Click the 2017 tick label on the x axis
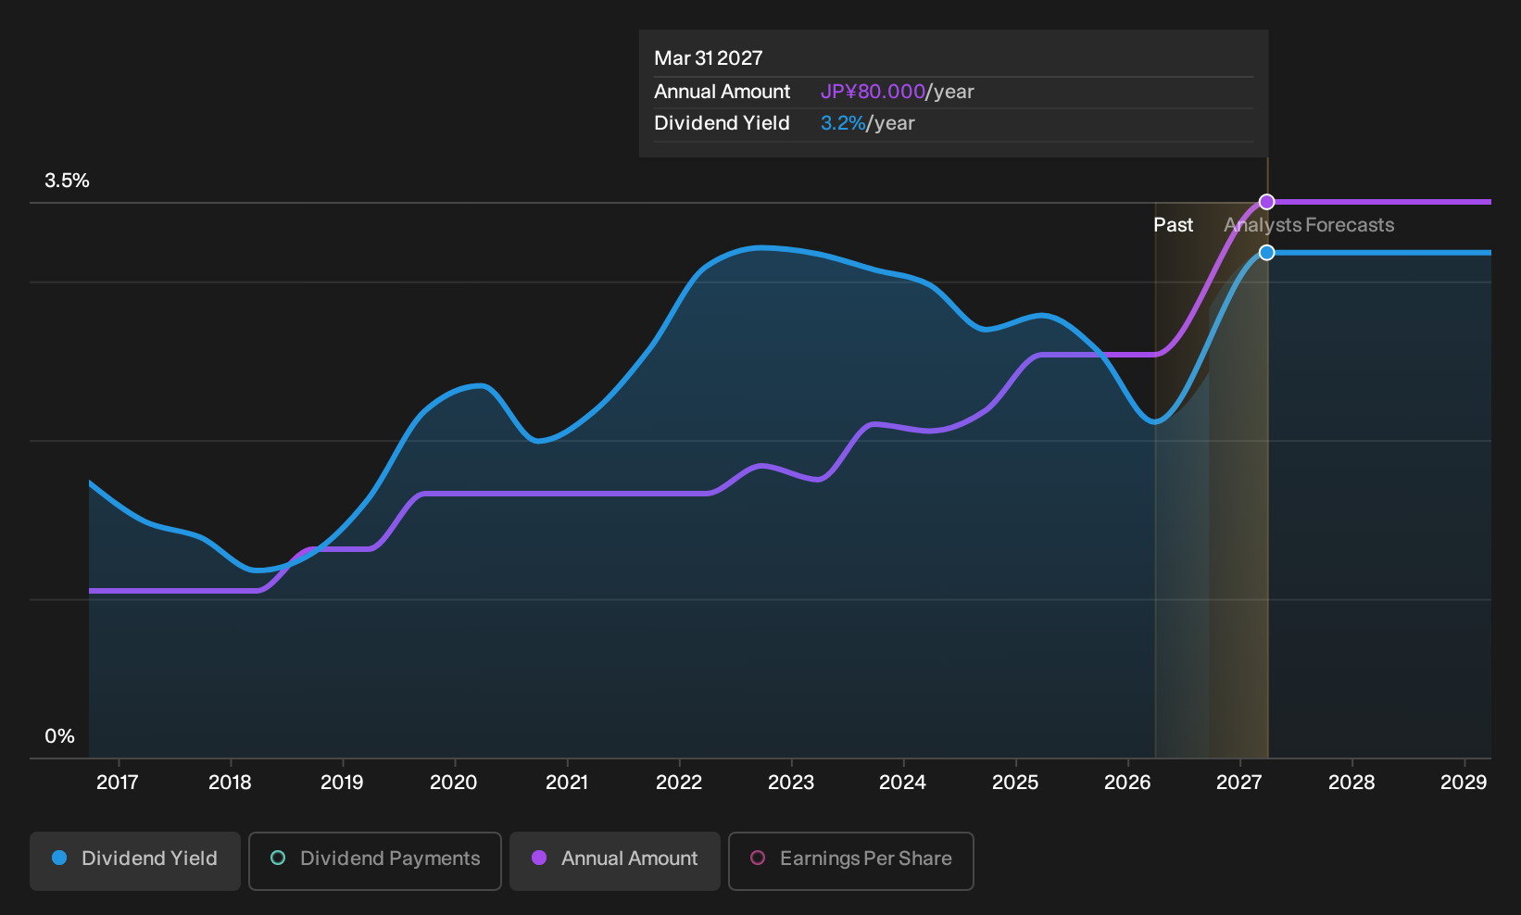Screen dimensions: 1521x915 [118, 783]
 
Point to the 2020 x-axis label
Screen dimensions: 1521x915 [454, 783]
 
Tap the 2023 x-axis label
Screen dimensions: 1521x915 [791, 783]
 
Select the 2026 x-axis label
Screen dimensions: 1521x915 [1127, 783]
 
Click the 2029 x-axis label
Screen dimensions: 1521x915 [1464, 783]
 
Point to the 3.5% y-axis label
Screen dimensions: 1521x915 [67, 181]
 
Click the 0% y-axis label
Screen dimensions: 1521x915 [60, 736]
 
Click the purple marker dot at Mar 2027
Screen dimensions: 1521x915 [1266, 202]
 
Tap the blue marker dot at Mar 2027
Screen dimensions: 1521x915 [1266, 253]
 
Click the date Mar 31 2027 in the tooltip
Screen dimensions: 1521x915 [709, 58]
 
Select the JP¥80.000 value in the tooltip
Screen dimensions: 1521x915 [873, 92]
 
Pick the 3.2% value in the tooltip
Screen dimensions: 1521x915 [843, 123]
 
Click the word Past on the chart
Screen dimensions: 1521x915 [1174, 225]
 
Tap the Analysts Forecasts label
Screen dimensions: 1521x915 [1309, 225]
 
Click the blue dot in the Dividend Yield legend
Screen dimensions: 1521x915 [60, 858]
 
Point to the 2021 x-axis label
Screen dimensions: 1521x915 [566, 783]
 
